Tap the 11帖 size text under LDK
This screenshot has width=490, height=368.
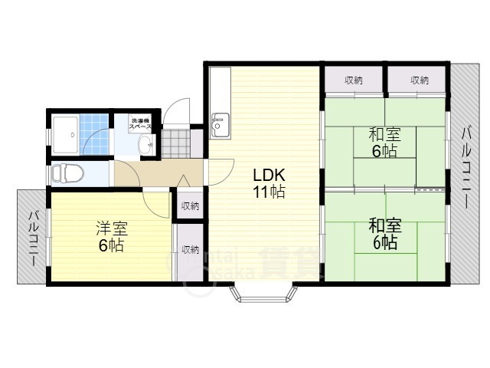pyautogui.click(x=269, y=192)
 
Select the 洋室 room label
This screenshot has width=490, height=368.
pyautogui.click(x=111, y=228)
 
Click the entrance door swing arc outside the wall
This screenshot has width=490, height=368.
pyautogui.click(x=178, y=111)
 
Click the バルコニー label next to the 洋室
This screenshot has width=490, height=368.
pyautogui.click(x=34, y=238)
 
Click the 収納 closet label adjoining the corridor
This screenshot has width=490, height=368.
pyautogui.click(x=190, y=205)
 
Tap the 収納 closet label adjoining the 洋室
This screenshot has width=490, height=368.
pyautogui.click(x=190, y=249)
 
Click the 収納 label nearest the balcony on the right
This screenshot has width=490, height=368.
pyautogui.click(x=419, y=80)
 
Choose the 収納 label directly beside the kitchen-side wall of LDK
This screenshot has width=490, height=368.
pyautogui.click(x=353, y=80)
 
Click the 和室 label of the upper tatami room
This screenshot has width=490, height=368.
pyautogui.click(x=383, y=135)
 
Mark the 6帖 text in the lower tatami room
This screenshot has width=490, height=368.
pyautogui.click(x=383, y=243)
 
